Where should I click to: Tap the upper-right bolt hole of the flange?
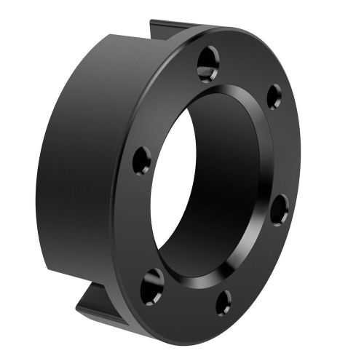pos(274,96)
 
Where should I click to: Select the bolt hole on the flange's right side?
pos(280,210)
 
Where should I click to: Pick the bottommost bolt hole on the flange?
pos(223,301)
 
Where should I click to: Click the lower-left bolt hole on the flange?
pos(152,284)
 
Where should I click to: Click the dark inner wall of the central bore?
pos(226,182)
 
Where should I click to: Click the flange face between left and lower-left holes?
pos(138,222)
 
